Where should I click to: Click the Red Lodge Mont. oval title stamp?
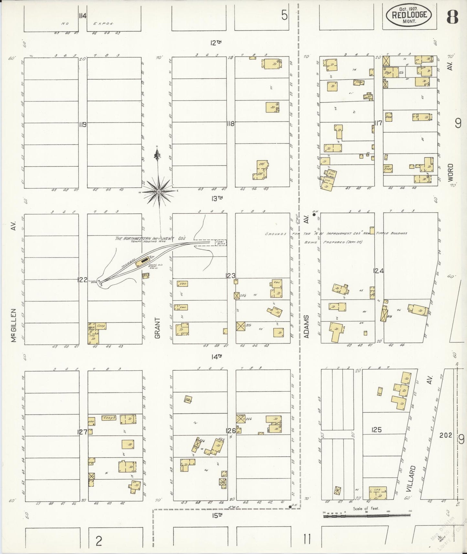pyautogui.click(x=410, y=15)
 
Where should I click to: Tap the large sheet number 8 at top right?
pyautogui.click(x=452, y=18)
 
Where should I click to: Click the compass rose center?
pyautogui.click(x=159, y=192)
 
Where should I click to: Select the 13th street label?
pyautogui.click(x=218, y=198)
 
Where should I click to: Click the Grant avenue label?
pyautogui.click(x=157, y=328)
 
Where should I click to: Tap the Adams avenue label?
pyautogui.click(x=307, y=326)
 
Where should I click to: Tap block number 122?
pyautogui.click(x=82, y=280)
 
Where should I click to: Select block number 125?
pyautogui.click(x=377, y=430)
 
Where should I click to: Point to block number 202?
pyautogui.click(x=446, y=435)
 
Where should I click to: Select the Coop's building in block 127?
pyautogui.click(x=109, y=418)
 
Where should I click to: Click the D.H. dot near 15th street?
pyautogui.click(x=290, y=507)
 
